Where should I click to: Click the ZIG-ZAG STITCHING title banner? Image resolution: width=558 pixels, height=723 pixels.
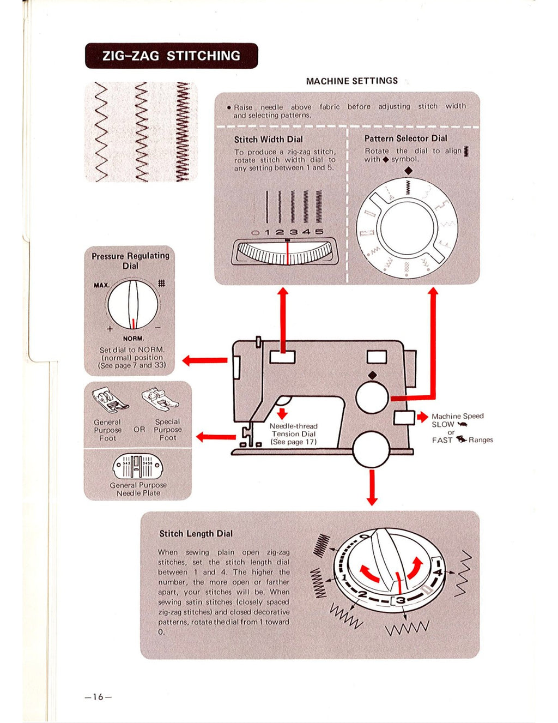click(x=171, y=56)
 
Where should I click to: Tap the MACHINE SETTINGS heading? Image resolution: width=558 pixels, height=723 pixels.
click(x=351, y=81)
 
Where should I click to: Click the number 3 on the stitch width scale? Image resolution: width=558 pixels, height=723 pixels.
click(x=294, y=232)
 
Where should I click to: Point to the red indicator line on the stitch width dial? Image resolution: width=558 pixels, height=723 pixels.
click(x=288, y=252)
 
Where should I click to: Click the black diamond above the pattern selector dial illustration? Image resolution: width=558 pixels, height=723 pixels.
click(x=409, y=171)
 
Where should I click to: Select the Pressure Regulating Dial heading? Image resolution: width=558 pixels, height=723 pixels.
click(x=130, y=261)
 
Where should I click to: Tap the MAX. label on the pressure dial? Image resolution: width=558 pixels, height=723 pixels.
click(x=102, y=285)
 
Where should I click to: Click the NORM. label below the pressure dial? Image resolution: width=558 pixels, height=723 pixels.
click(x=134, y=338)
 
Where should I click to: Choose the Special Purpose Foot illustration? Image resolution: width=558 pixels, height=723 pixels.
click(x=160, y=400)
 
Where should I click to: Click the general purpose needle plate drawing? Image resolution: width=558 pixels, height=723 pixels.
click(x=137, y=466)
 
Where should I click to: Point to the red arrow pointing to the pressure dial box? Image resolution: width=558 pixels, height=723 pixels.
click(x=204, y=360)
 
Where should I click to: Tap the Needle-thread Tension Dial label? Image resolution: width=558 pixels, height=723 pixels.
click(x=294, y=434)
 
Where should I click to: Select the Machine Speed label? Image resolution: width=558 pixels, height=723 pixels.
click(x=457, y=416)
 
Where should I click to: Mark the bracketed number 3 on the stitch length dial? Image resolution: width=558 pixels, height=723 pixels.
click(x=401, y=601)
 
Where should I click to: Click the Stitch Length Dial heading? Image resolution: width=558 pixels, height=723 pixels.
click(x=196, y=533)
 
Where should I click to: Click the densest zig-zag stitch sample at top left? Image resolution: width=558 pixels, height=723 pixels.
click(x=182, y=132)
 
